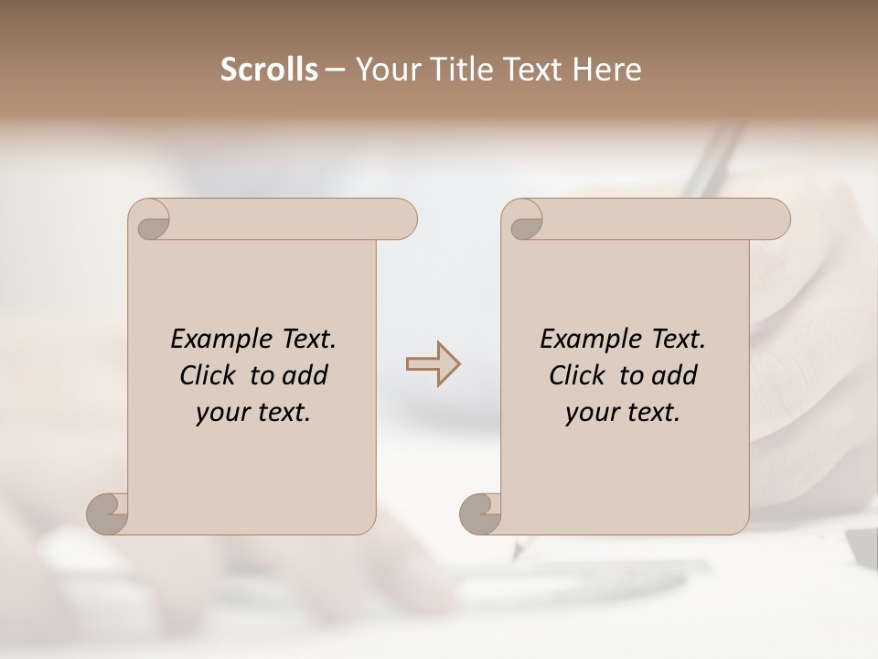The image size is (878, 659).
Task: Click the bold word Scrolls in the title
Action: pyautogui.click(x=269, y=70)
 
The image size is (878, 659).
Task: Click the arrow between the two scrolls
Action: pyautogui.click(x=434, y=364)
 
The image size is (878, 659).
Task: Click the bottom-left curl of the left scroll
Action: pyautogui.click(x=107, y=513)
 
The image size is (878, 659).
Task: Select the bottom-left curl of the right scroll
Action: pyautogui.click(x=480, y=513)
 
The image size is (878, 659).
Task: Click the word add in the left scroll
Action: pyautogui.click(x=305, y=375)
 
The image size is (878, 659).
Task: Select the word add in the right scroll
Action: pyautogui.click(x=674, y=375)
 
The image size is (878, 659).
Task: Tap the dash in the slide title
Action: pyautogui.click(x=335, y=70)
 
